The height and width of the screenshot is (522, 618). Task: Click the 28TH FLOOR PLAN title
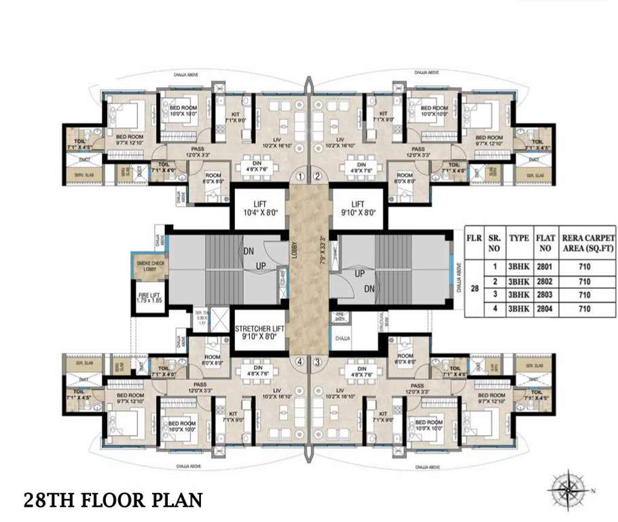click(x=113, y=500)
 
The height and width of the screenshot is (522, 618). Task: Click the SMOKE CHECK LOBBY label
click(x=149, y=266)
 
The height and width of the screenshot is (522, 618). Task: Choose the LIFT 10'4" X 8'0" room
click(x=259, y=207)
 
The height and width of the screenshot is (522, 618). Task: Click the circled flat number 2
click(x=317, y=176)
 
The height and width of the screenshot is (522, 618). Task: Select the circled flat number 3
click(x=317, y=362)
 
